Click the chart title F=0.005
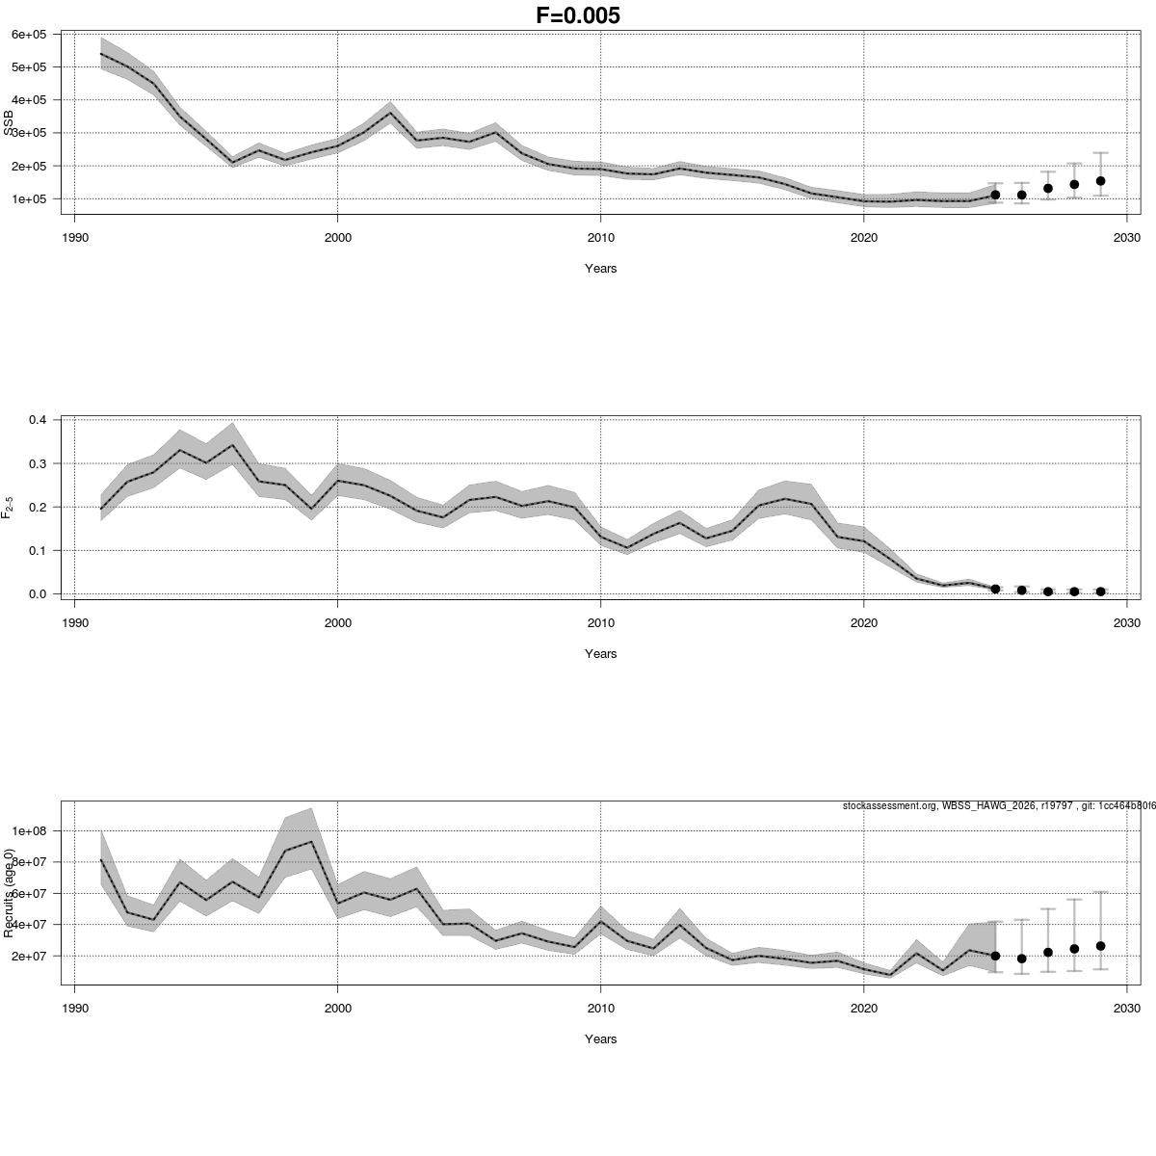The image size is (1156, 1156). point(578,15)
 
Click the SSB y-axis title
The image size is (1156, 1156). point(10,123)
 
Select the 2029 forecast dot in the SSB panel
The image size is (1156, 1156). point(1100,181)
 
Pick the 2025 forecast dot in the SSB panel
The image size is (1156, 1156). point(995,195)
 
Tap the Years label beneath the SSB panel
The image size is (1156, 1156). point(600,269)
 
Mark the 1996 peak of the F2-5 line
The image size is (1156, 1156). point(232,445)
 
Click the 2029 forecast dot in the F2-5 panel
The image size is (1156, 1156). point(1100,591)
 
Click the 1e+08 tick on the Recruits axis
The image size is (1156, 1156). point(30,831)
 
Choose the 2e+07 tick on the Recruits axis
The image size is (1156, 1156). point(30,956)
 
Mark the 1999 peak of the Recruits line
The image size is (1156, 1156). point(311,842)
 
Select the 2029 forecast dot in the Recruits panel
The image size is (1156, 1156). point(1100,946)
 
